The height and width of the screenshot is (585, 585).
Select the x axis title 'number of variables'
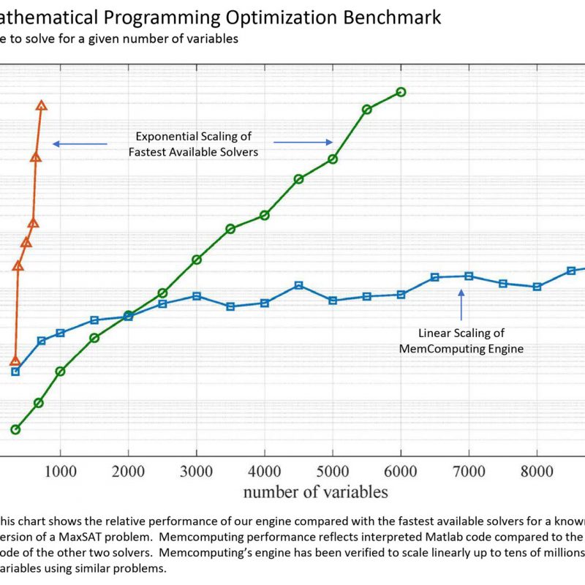pos(315,491)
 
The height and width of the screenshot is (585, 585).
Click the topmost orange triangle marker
pos(42,106)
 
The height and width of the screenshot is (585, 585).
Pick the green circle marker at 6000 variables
pos(401,91)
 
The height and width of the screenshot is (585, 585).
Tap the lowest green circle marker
pos(15,429)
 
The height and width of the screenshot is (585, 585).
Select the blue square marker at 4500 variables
pos(298,285)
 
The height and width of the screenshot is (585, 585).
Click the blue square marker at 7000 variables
pos(469,276)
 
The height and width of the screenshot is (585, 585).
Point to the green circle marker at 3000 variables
pos(197,260)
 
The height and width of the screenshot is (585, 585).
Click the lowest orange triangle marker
pos(15,361)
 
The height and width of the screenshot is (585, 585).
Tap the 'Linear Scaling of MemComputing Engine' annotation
pos(461,341)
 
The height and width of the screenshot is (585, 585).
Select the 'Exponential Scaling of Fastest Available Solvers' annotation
pos(194,144)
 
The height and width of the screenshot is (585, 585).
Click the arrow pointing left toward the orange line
pos(80,144)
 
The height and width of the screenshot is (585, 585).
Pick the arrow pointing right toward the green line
pos(303,143)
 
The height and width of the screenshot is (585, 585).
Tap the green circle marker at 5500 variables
pos(367,109)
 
